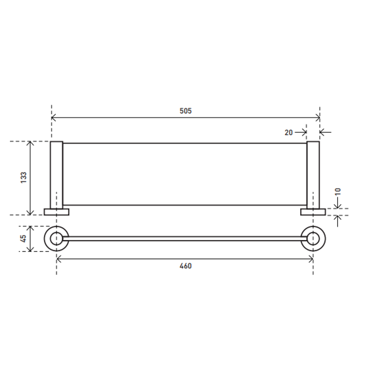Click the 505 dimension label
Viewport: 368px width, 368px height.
[185, 111]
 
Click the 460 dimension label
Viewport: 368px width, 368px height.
[185, 266]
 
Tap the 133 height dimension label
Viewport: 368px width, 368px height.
[24, 178]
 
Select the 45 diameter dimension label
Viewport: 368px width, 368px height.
[24, 239]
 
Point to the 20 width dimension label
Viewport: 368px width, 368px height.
[289, 133]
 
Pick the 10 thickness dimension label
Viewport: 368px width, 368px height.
[337, 191]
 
